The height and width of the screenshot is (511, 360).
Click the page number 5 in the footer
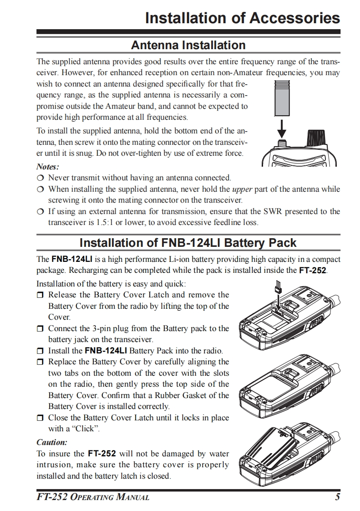pos(337,496)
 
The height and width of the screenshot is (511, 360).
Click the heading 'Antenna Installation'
pos(188,45)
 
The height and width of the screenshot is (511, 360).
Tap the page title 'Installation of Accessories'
pos(242,18)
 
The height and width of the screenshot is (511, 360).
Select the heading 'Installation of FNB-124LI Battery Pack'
pos(188,242)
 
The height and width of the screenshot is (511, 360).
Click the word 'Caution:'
pos(51,442)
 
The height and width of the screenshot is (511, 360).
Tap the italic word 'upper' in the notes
pos(242,189)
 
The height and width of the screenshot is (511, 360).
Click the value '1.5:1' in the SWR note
pos(105,222)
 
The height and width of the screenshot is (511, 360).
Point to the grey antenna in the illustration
pos(282,99)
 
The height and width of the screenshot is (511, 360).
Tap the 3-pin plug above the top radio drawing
pos(277,288)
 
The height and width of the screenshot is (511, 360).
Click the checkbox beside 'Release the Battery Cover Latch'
pos(41,295)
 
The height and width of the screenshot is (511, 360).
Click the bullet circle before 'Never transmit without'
pos(41,178)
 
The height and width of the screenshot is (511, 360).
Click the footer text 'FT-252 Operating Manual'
pos(93,496)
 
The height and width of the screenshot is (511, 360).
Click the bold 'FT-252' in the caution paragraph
pos(102,454)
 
